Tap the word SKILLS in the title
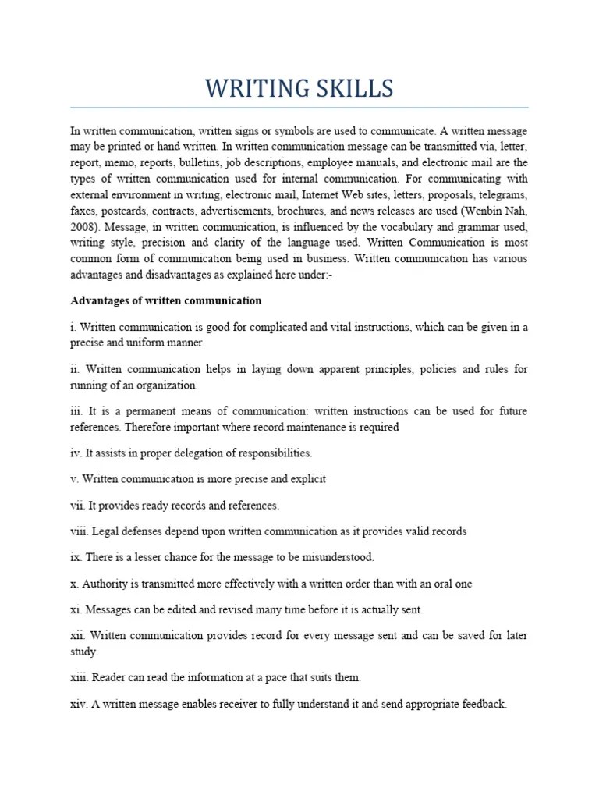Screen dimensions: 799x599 tap(355, 89)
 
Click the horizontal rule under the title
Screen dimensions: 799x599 tap(299, 108)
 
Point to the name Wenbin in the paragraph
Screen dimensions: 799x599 tap(477, 211)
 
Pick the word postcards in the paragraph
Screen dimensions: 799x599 tap(125, 211)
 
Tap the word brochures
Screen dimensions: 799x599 tap(321, 211)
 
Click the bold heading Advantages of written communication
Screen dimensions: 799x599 tap(166, 300)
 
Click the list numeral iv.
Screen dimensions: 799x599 tap(76, 453)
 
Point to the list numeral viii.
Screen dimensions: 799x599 tap(80, 531)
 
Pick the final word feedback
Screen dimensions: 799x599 tap(482, 704)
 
